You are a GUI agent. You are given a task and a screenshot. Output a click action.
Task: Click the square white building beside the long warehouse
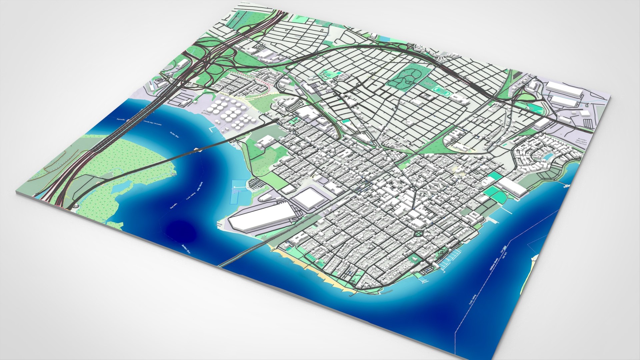tap(309, 198)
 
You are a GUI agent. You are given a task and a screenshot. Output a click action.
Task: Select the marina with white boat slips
tap(448, 260)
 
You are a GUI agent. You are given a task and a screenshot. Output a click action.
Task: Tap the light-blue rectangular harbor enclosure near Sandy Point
tap(239, 192)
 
